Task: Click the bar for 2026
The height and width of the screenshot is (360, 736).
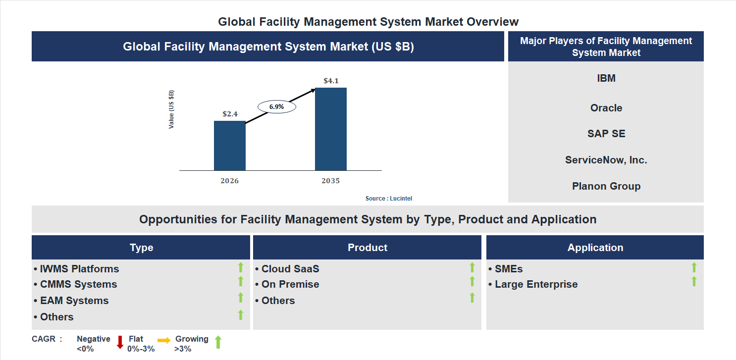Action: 229,146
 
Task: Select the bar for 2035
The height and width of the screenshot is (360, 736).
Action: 330,129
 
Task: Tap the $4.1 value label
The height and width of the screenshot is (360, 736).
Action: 330,81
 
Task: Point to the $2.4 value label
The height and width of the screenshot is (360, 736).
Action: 230,114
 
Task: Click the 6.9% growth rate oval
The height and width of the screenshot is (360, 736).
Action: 276,106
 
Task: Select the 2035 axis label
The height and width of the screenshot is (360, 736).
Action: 330,181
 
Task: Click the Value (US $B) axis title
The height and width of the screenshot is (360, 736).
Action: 171,109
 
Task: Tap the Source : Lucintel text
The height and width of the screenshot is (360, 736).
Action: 388,199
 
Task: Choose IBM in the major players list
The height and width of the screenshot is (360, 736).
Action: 606,78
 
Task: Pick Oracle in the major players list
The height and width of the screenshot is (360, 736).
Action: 606,108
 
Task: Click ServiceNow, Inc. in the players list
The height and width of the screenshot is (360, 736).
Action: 606,160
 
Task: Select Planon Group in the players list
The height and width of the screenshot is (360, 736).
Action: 606,186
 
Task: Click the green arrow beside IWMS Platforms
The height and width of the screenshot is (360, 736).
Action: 241,267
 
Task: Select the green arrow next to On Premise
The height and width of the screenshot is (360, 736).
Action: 472,281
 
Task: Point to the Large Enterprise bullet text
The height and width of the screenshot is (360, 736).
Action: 535,284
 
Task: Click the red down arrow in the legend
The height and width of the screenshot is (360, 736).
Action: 120,342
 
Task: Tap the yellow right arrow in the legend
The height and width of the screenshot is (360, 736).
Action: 164,340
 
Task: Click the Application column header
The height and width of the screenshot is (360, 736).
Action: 595,248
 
